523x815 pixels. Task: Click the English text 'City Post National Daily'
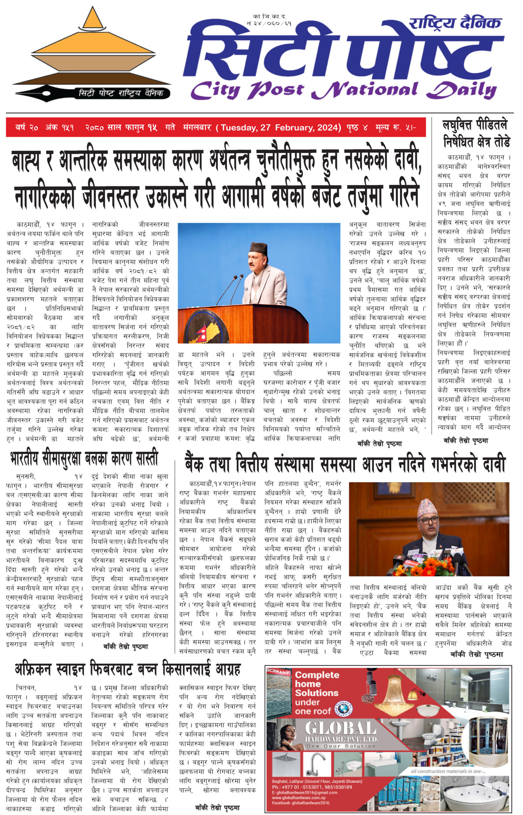pyautogui.click(x=343, y=91)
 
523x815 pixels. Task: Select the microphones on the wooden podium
pyautogui.click(x=231, y=288)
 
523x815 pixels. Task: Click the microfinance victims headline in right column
pyautogui.click(x=476, y=133)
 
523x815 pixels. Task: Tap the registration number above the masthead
pyautogui.click(x=269, y=20)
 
